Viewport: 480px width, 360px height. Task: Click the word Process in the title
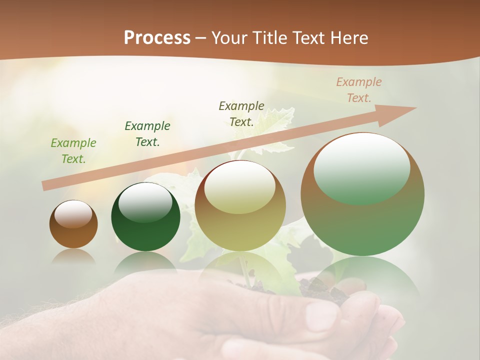tap(157, 38)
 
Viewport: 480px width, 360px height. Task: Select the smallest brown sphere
tap(73, 224)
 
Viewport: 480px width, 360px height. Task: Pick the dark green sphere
tap(145, 217)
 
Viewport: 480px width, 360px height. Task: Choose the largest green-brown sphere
tap(362, 194)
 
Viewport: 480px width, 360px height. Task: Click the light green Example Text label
tap(73, 151)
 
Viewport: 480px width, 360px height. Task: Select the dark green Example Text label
tap(147, 134)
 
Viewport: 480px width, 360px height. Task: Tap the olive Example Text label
tap(241, 114)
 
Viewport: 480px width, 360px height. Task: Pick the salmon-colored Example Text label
tap(359, 90)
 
